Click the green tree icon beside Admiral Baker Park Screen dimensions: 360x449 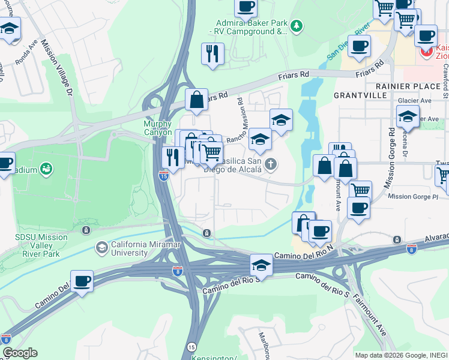point(297,26)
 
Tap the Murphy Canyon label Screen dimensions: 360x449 point(158,128)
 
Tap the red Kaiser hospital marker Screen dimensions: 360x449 point(427,51)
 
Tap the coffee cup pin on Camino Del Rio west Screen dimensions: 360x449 point(82,281)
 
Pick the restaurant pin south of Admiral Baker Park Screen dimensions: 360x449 point(212,54)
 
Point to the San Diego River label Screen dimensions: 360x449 point(348,42)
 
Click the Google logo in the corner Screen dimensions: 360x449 point(20,353)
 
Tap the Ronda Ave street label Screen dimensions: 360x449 point(29,52)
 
